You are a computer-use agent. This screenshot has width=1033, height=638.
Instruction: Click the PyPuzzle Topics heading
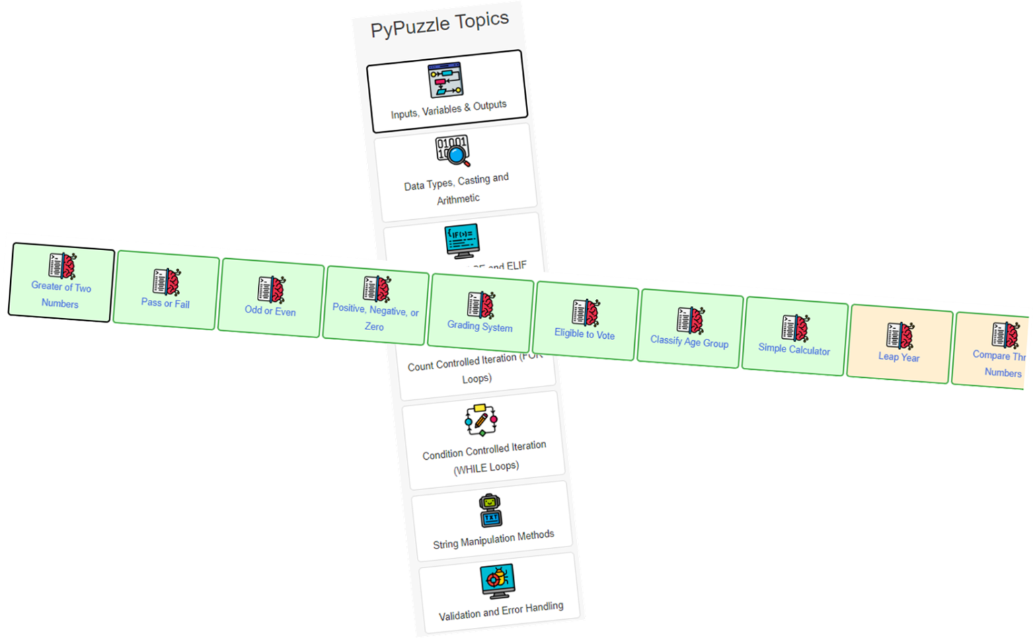tap(440, 24)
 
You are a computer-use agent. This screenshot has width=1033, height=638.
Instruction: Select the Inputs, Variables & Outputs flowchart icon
tap(445, 80)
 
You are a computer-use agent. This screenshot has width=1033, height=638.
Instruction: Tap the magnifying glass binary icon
tap(453, 151)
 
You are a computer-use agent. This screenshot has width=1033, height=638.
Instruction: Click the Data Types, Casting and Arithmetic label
tap(457, 190)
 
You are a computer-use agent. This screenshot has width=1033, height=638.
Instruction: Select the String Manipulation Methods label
tap(494, 539)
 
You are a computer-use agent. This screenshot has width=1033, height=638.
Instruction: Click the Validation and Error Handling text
tap(501, 611)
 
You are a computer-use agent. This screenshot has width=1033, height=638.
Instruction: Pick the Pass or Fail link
tap(165, 303)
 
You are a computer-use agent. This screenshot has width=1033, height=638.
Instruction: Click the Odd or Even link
tap(270, 311)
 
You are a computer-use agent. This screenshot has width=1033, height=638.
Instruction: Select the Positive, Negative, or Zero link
tap(375, 319)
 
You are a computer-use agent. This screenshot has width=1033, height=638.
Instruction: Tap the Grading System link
tap(480, 327)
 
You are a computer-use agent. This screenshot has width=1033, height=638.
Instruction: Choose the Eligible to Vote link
tap(584, 334)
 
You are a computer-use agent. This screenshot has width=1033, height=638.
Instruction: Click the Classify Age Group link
tap(689, 342)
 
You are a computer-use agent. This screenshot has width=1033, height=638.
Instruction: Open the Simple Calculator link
tap(794, 350)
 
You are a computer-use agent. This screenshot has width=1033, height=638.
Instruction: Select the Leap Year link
tap(899, 357)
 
